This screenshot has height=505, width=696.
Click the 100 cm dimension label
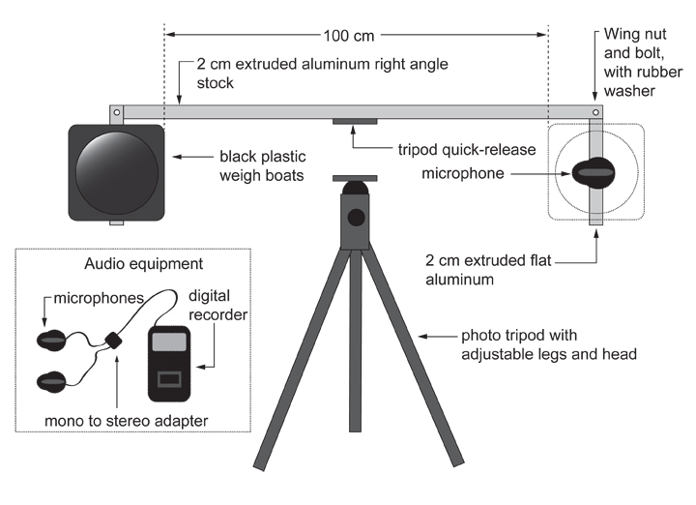point(349,36)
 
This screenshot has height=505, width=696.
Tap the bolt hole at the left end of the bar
point(117,112)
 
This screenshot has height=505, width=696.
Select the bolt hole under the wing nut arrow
point(595,112)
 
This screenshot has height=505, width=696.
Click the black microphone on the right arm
point(594,173)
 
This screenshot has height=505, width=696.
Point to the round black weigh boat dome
point(117,172)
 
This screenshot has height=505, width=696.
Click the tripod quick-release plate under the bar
point(355,121)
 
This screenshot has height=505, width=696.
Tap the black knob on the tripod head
point(356,218)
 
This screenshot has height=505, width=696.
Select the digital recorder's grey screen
point(169,342)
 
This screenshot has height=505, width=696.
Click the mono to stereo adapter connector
point(114,341)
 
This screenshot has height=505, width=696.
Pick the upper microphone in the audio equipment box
point(51,341)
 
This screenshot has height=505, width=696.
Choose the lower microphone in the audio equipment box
point(51,382)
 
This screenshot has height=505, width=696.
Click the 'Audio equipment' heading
point(143,264)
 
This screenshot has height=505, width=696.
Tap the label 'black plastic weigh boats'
point(262,166)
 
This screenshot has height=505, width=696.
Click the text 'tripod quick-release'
point(467,150)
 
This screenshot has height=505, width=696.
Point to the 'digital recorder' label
point(217,305)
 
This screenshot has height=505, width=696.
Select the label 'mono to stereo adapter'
point(126,421)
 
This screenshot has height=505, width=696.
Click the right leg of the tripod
point(412,355)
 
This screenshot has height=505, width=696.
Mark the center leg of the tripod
point(355,341)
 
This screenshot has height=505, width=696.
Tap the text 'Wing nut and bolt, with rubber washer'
point(643,62)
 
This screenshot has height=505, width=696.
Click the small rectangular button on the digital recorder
point(169,379)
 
